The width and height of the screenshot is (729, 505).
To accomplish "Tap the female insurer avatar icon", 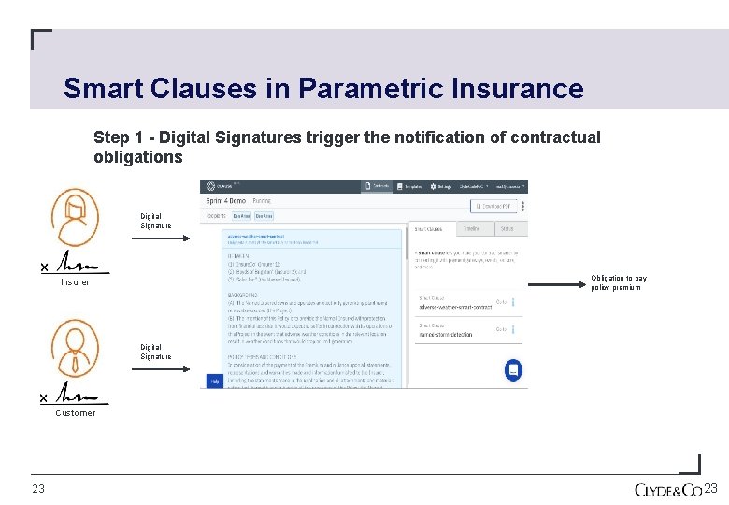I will [x=74, y=217].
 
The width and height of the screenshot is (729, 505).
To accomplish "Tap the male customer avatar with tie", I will [x=74, y=348].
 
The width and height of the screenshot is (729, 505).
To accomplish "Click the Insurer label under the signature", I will [x=75, y=282].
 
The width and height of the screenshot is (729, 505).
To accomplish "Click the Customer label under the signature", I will [x=75, y=413].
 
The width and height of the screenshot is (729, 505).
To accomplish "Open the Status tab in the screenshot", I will [x=507, y=227].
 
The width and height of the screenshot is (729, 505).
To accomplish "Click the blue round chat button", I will [x=512, y=370].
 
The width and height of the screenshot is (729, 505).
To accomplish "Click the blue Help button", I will [x=214, y=382].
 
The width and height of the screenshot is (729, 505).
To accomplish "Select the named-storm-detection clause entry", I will [x=446, y=333].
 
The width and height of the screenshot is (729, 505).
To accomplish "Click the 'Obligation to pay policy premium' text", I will [x=618, y=282].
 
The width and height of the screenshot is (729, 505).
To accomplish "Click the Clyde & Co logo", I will [x=667, y=490].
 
